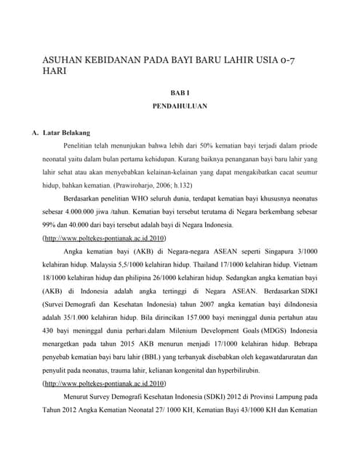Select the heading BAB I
pyautogui.click(x=180, y=94)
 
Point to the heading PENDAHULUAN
pyautogui.click(x=180, y=106)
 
